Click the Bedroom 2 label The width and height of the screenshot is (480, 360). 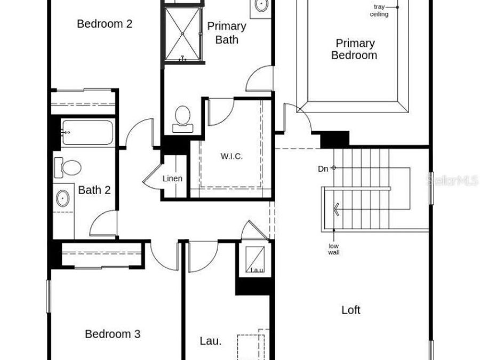105,24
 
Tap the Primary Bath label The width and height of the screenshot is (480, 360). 227,33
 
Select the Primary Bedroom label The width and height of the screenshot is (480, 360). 355,49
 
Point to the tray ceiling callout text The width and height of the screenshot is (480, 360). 379,11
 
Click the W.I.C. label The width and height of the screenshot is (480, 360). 231,156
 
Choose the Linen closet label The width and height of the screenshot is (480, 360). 172,179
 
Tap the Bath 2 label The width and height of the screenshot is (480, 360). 94,190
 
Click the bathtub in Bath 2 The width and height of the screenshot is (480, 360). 87,133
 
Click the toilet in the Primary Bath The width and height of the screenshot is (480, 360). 183,118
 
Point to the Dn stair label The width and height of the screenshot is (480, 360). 323,169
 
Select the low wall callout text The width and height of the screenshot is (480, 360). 333,249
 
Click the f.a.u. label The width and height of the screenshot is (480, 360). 257,270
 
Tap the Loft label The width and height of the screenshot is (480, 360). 351,310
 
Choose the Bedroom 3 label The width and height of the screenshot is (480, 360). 113,334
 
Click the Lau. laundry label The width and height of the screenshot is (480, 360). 210,341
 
